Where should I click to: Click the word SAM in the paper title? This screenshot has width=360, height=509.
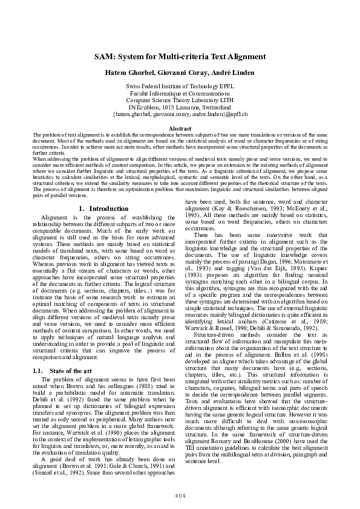pos(104,57)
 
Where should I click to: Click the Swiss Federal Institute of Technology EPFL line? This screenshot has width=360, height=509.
pos(180,87)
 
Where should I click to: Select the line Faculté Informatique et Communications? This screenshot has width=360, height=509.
pos(180,94)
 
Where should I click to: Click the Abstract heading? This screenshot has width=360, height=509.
pos(180,129)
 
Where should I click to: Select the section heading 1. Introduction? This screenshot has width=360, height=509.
pos(103,209)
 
